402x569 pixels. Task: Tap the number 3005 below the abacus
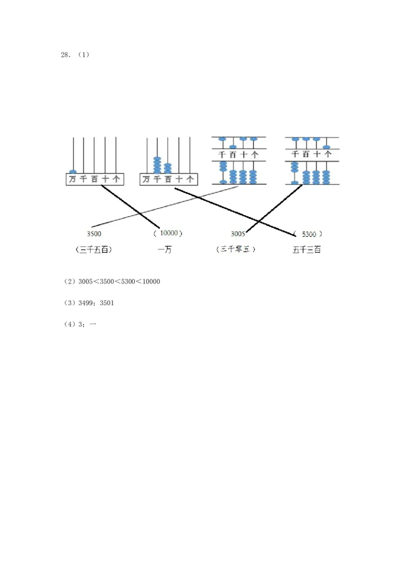[x=238, y=233]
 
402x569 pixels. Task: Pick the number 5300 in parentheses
[x=309, y=233]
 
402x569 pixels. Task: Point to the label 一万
[x=164, y=249]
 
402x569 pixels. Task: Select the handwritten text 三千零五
[x=235, y=249]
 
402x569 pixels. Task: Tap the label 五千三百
[x=307, y=249]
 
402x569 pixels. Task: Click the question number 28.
[x=65, y=55]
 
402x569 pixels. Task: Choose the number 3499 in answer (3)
[x=86, y=303]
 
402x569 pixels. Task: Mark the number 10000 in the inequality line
[x=151, y=281]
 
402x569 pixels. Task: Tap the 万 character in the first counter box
[x=73, y=179]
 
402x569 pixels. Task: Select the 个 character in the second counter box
[x=190, y=179]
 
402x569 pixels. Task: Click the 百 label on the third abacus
[x=233, y=155]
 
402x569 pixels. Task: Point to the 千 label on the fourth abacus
[x=295, y=155]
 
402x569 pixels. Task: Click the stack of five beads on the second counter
[x=157, y=165]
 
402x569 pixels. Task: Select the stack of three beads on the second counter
[x=168, y=168]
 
